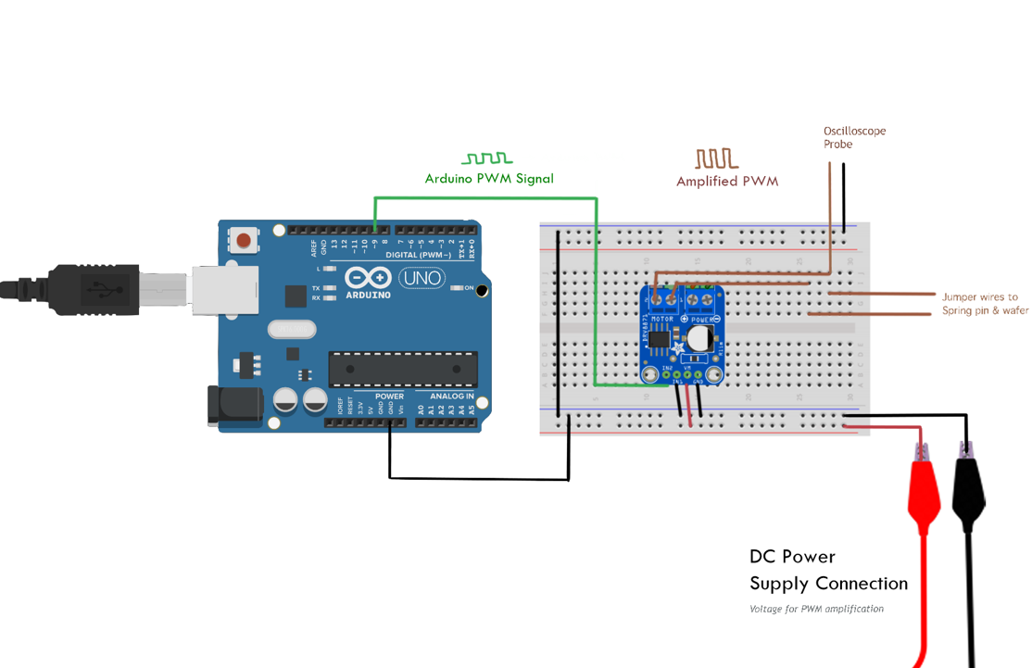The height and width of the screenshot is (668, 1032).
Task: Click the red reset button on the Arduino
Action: tap(244, 241)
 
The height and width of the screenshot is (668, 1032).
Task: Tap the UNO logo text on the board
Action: tap(421, 278)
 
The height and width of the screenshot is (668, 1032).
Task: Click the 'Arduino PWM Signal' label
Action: tap(489, 178)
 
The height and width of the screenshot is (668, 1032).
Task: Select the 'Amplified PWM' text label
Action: tap(727, 182)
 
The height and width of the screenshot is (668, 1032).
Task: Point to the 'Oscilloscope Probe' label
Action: tap(854, 137)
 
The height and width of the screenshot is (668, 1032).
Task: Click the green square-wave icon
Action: tap(487, 158)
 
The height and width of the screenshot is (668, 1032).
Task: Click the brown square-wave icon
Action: tap(717, 158)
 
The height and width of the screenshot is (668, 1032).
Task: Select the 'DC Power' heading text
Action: tap(792, 557)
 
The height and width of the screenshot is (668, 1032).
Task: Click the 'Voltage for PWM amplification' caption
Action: tap(816, 609)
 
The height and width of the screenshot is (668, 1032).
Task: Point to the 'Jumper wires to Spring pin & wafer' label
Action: tap(985, 304)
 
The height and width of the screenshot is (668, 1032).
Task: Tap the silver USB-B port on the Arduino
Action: tap(224, 290)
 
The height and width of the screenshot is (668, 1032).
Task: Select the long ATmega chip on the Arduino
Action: tap(403, 369)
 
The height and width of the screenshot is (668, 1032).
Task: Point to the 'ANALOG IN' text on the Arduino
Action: tap(452, 397)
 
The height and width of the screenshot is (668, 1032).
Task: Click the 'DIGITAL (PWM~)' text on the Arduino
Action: tap(418, 255)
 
